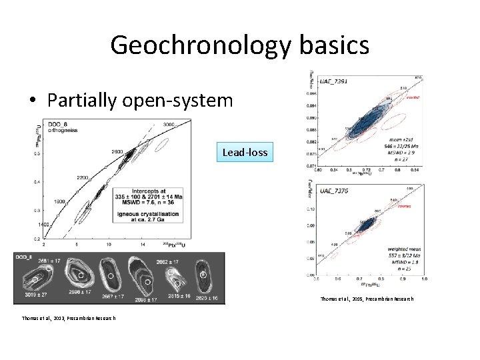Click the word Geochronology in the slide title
pyautogui.click(x=200, y=45)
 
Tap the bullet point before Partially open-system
pyautogui.click(x=33, y=101)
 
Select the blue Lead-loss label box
pyautogui.click(x=245, y=153)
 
